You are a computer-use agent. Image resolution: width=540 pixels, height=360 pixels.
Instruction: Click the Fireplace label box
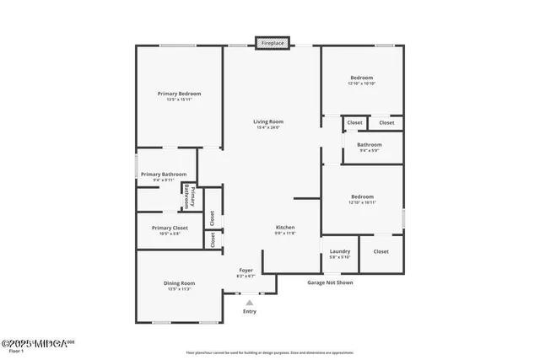[273, 42]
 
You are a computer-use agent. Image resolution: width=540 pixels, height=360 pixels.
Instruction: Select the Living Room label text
[267, 122]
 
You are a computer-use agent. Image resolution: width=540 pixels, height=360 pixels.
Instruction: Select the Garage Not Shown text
[330, 282]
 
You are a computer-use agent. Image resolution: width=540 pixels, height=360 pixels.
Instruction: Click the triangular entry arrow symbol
[249, 302]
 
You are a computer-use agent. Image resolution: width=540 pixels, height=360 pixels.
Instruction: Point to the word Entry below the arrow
[249, 311]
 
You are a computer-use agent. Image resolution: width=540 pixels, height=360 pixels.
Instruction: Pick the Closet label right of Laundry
[381, 251]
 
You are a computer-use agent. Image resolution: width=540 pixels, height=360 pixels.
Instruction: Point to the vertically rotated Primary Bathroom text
[189, 197]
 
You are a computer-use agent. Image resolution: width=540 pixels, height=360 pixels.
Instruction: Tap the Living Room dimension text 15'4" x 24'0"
[267, 128]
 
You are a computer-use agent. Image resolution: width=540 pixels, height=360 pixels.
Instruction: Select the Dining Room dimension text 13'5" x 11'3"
[179, 289]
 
